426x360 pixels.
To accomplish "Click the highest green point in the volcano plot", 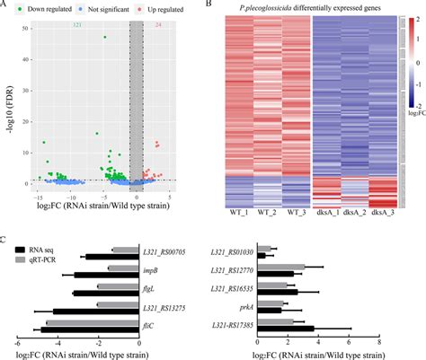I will pyautogui.click(x=105, y=37).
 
